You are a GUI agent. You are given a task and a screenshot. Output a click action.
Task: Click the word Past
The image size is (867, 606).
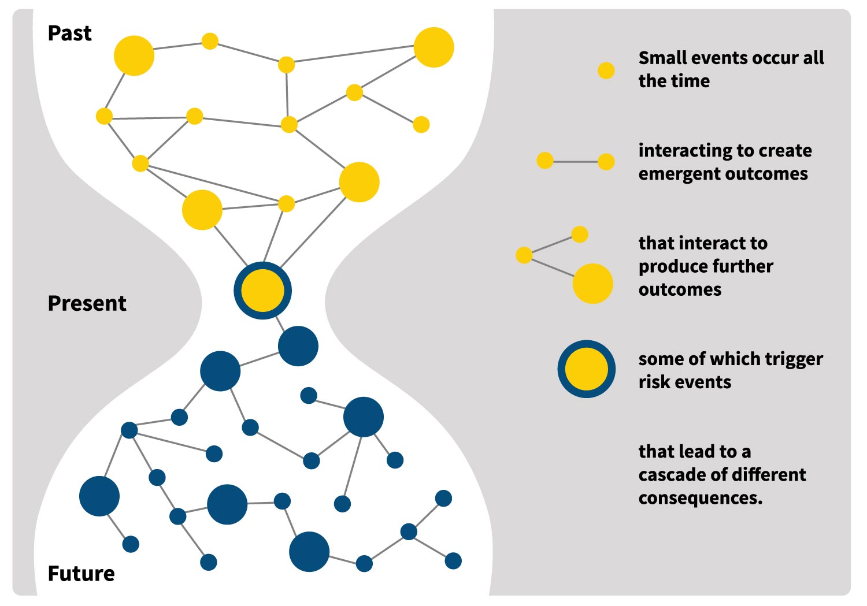70,34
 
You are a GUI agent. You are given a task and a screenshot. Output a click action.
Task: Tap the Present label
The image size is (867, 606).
87,303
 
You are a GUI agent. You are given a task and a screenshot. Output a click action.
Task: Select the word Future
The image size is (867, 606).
81,574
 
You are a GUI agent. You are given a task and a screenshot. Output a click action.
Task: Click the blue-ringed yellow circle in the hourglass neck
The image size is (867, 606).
263,291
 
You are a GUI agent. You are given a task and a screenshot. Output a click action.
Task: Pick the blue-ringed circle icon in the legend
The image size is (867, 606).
587,369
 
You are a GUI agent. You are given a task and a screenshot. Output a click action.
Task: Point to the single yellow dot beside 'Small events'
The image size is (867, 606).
606,71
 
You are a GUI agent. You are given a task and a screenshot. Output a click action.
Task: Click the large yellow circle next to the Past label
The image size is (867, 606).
134,55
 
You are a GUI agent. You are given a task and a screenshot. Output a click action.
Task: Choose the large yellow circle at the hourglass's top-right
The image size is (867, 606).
434,47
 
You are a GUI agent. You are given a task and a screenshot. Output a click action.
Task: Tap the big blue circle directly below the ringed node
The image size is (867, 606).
298,346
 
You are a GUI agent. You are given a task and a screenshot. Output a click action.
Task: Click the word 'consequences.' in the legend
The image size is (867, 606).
701,498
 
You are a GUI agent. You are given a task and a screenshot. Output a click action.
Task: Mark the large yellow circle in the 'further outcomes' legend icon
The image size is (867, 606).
593,284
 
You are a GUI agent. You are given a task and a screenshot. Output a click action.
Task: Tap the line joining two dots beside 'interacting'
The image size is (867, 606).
576,162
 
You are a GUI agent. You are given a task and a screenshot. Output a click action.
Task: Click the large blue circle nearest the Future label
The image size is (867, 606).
99,496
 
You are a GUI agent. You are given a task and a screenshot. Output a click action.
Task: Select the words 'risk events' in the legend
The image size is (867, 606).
685,382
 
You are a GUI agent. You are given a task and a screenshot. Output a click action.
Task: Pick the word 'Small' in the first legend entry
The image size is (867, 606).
662,58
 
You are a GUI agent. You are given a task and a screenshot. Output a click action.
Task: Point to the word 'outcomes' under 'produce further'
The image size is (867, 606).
680,290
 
